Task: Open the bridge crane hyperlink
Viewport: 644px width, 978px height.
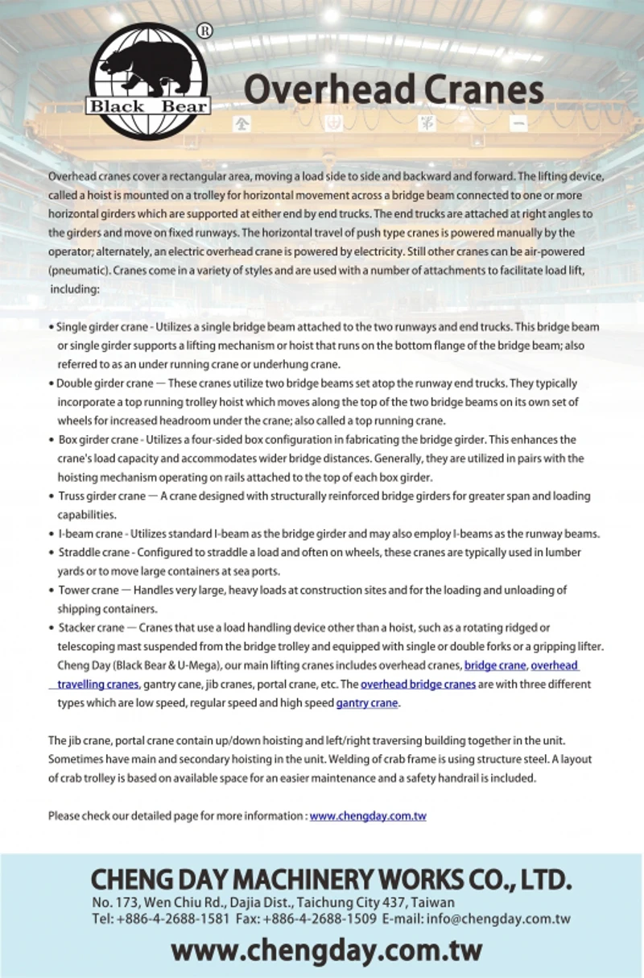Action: click(495, 666)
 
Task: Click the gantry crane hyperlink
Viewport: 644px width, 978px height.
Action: click(367, 703)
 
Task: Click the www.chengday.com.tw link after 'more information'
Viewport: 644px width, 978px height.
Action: click(368, 816)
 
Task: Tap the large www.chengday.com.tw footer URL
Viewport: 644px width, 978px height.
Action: click(326, 951)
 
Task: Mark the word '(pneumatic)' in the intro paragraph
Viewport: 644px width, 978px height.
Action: click(78, 271)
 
